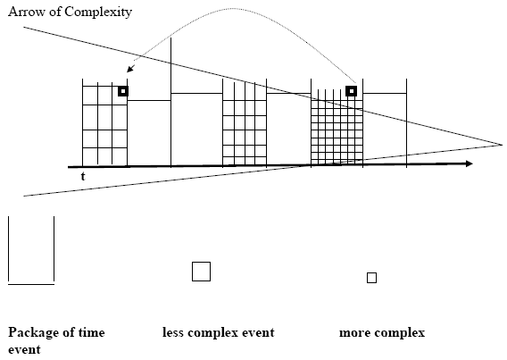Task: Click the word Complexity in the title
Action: pos(98,13)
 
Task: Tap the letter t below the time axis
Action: pos(83,176)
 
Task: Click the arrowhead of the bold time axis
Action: pos(470,163)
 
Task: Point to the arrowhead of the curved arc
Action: pos(130,69)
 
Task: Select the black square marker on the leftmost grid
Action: pos(123,91)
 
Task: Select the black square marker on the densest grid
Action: pos(351,91)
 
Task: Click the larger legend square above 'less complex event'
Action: pos(201,272)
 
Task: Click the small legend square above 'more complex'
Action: pos(371,278)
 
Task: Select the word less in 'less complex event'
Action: pos(173,332)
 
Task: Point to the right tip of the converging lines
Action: pos(503,145)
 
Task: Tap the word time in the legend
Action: pos(91,332)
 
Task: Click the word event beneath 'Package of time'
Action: pos(24,350)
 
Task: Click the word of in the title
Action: pos(56,12)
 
